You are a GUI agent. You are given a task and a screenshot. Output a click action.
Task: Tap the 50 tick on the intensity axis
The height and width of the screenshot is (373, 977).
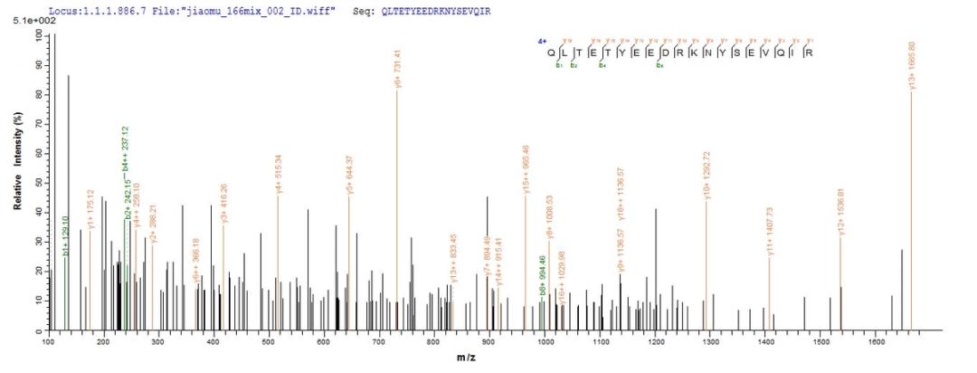38,183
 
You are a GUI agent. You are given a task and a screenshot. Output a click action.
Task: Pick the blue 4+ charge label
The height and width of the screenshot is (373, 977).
540,41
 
